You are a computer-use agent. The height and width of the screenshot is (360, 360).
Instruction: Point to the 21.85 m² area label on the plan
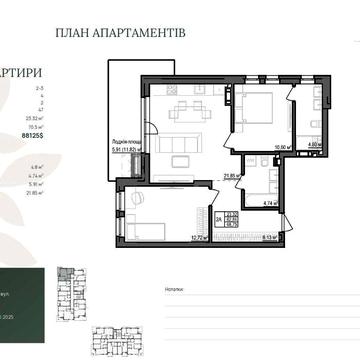(229, 176)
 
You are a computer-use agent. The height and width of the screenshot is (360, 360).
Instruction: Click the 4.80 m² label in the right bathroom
(312, 146)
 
